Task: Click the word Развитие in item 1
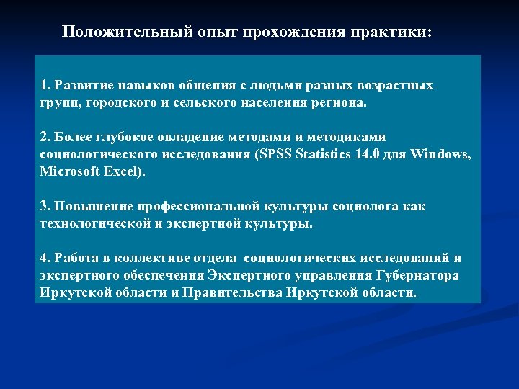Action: tap(84, 86)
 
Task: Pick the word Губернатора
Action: tap(418, 276)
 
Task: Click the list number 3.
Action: tap(44, 207)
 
